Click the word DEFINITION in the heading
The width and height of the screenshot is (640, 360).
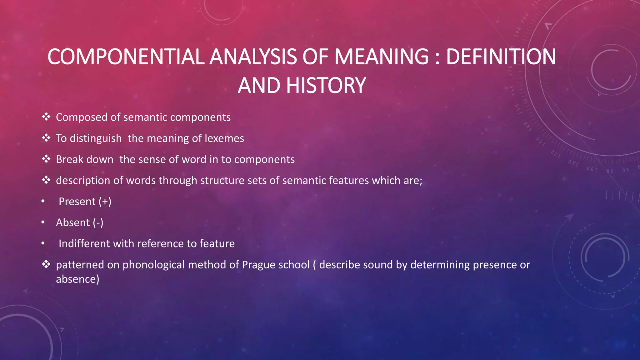(x=501, y=57)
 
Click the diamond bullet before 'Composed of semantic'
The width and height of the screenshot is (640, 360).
(x=46, y=117)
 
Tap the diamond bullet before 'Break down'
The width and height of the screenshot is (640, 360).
(x=46, y=159)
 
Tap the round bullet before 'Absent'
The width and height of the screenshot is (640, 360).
(x=43, y=222)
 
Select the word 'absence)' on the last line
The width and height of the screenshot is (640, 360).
(x=77, y=279)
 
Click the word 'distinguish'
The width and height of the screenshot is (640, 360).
(x=96, y=138)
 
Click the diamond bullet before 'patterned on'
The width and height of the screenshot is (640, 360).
(x=46, y=264)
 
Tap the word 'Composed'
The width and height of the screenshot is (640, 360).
(x=82, y=117)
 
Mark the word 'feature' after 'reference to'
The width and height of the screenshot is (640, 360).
(x=217, y=243)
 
